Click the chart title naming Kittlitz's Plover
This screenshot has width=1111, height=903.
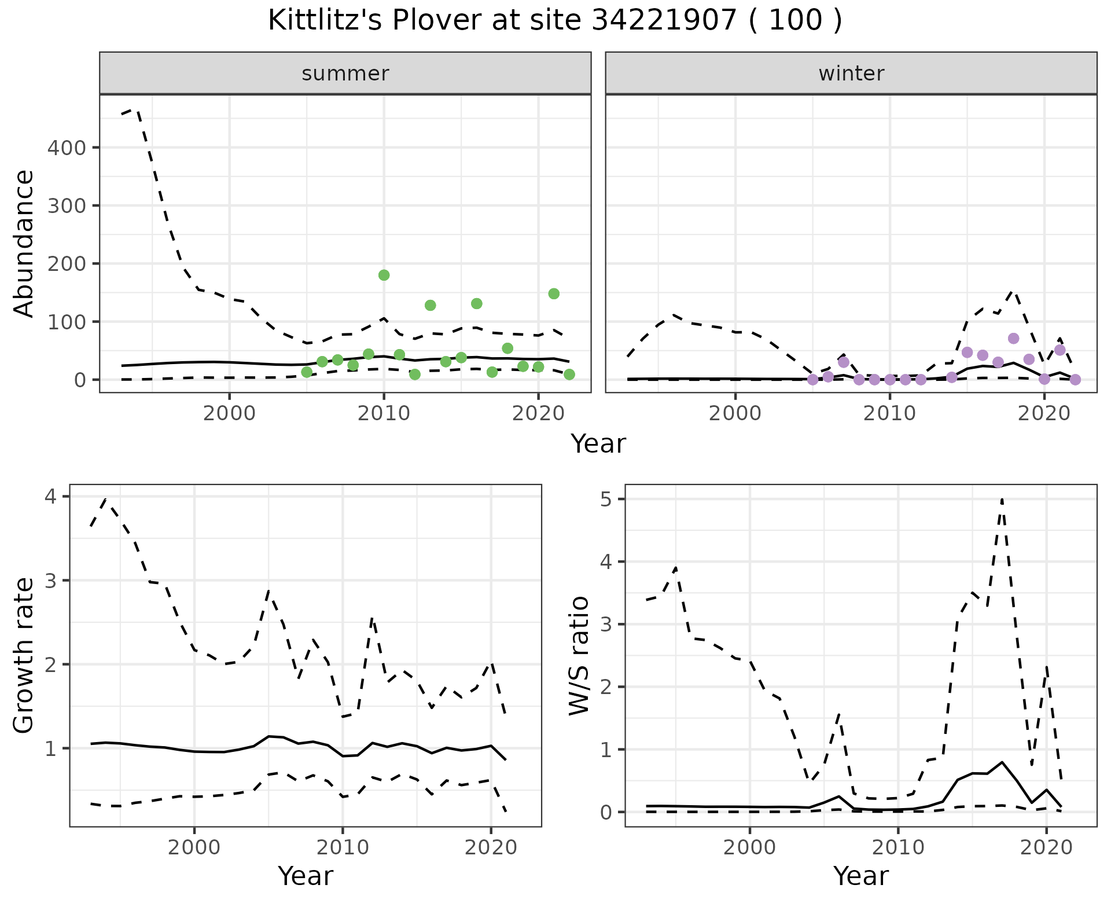[x=555, y=21]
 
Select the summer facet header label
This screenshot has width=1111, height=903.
[x=345, y=74]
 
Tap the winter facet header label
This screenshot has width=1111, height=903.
[x=851, y=74]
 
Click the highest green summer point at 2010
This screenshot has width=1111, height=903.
[x=384, y=275]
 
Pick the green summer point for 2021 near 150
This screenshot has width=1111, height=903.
[x=554, y=293]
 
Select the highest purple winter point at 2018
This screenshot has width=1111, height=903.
[x=1013, y=338]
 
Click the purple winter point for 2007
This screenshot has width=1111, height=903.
[x=844, y=362]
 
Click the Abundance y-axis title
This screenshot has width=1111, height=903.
[x=24, y=243]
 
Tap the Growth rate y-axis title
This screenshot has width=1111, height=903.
[x=24, y=655]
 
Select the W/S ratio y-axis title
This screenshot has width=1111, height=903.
[x=579, y=655]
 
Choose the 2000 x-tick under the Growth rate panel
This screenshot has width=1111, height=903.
[x=194, y=847]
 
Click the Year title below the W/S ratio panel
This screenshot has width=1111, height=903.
[x=861, y=876]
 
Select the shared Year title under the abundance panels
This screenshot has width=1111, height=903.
[x=598, y=444]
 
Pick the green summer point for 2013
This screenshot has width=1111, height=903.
[x=430, y=305]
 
